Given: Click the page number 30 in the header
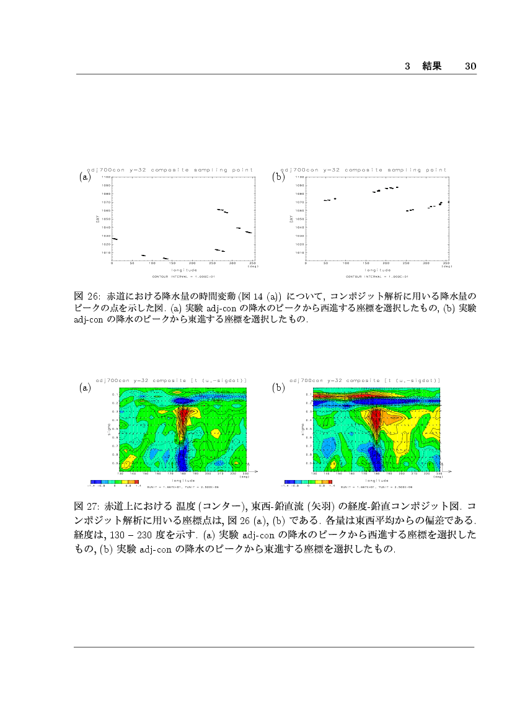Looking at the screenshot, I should (x=470, y=66).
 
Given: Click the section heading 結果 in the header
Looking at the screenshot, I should (x=431, y=66).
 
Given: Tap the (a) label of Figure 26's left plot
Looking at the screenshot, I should (x=86, y=177).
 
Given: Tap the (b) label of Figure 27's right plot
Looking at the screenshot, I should (x=278, y=388).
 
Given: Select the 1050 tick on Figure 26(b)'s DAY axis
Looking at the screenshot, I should (x=300, y=219).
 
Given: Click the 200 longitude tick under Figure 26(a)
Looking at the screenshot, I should (x=192, y=264).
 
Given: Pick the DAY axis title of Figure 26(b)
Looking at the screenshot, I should (x=290, y=219).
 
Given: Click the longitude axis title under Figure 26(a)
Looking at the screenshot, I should (x=184, y=270).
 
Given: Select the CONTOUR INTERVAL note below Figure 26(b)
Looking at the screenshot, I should (x=377, y=276).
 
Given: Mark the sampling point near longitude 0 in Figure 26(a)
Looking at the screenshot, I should (x=114, y=239).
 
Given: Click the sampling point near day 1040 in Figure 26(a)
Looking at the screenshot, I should (x=238, y=228).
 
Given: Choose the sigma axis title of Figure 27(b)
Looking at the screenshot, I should (x=302, y=428).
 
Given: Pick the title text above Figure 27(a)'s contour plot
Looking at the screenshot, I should (x=172, y=380).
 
